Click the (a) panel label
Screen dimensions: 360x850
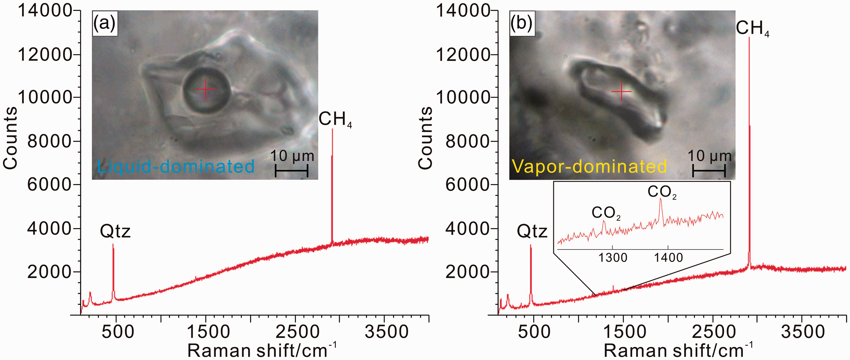[x=104, y=23]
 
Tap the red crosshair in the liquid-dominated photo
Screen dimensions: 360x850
[x=205, y=89]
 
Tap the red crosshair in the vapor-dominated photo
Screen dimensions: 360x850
[x=621, y=91]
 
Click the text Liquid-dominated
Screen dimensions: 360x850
[x=176, y=166]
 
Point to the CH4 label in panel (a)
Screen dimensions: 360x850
[x=335, y=119]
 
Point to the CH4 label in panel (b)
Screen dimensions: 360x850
[x=752, y=28]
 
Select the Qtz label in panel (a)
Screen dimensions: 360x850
[x=115, y=231]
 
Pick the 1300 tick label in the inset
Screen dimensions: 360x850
[x=613, y=258]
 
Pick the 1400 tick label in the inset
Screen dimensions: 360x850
[x=668, y=258]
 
